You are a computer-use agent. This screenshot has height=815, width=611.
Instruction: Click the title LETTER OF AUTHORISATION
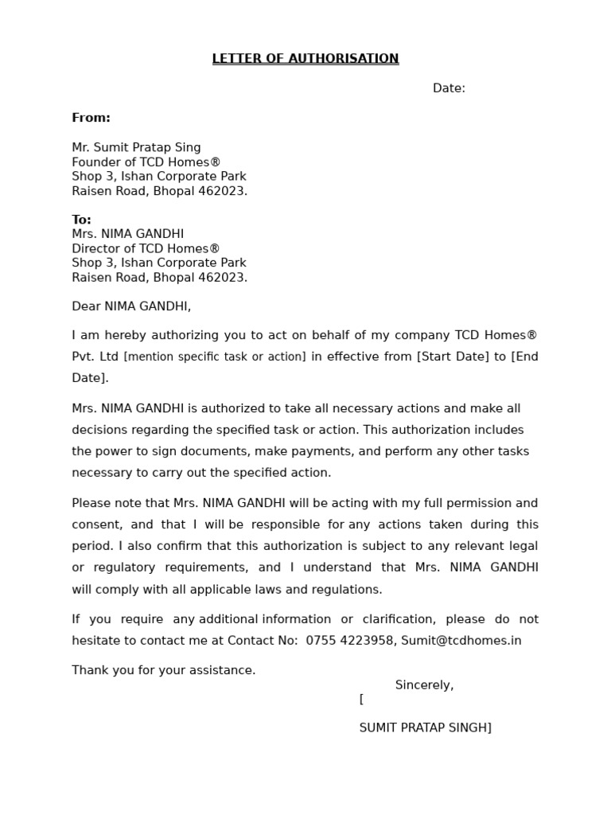click(x=305, y=59)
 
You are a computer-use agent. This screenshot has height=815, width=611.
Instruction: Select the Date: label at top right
click(x=449, y=88)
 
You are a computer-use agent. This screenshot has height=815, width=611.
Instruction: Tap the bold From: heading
click(x=91, y=118)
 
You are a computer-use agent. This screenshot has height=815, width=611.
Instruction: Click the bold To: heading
click(x=81, y=220)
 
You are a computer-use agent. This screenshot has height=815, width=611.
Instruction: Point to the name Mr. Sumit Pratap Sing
click(x=136, y=147)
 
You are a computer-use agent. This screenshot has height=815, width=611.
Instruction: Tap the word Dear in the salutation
click(x=86, y=306)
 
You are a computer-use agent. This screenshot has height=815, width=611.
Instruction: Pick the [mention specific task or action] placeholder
click(x=215, y=357)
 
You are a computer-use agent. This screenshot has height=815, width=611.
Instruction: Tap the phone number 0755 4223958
click(x=349, y=641)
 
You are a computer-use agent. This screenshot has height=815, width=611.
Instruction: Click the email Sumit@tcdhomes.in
click(x=461, y=641)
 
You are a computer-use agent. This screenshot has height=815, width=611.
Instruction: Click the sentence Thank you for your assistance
click(x=164, y=670)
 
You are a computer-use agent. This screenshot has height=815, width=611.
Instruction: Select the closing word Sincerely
click(x=424, y=685)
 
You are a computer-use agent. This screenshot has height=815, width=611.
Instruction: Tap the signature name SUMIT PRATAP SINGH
click(x=424, y=727)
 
